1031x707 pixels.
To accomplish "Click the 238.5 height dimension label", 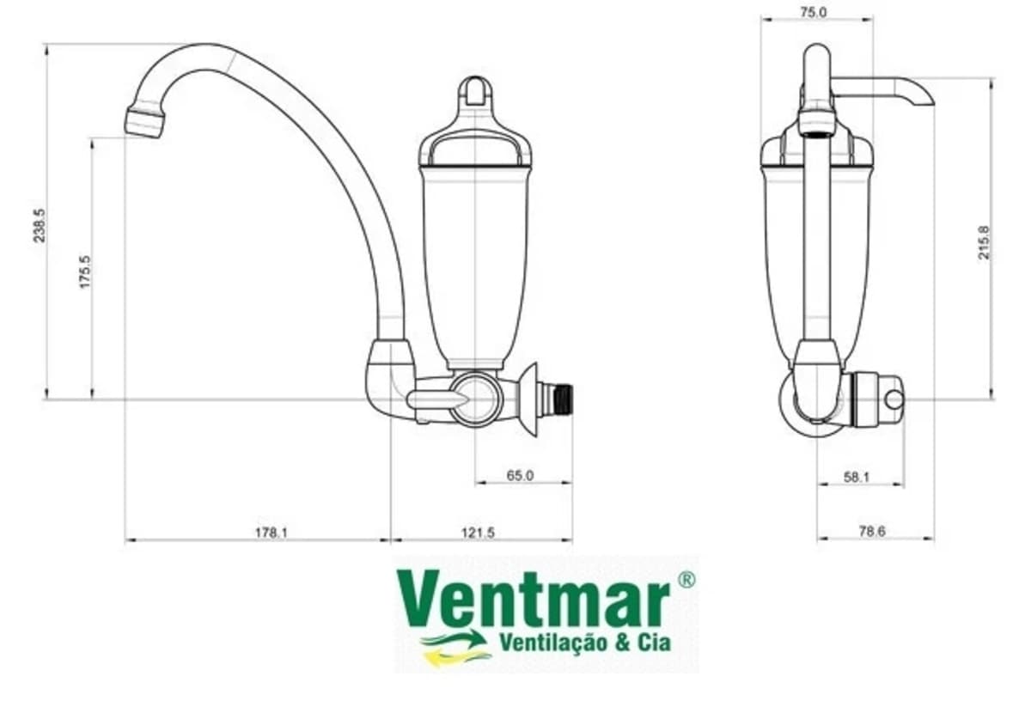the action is pyautogui.click(x=40, y=225).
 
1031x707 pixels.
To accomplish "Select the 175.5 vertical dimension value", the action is pyautogui.click(x=86, y=272).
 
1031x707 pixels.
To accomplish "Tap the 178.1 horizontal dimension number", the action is pyautogui.click(x=271, y=533).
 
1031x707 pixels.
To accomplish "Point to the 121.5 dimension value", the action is pyautogui.click(x=478, y=533).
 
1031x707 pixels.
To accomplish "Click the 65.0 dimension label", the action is pyautogui.click(x=520, y=475).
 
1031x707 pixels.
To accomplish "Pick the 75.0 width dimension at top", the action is pyautogui.click(x=814, y=12).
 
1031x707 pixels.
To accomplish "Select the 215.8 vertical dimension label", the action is pyautogui.click(x=984, y=242).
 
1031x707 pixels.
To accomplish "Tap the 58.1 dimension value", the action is pyautogui.click(x=857, y=478).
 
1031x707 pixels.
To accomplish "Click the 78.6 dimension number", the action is pyautogui.click(x=872, y=532).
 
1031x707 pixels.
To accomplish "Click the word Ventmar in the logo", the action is pyautogui.click(x=534, y=600).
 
